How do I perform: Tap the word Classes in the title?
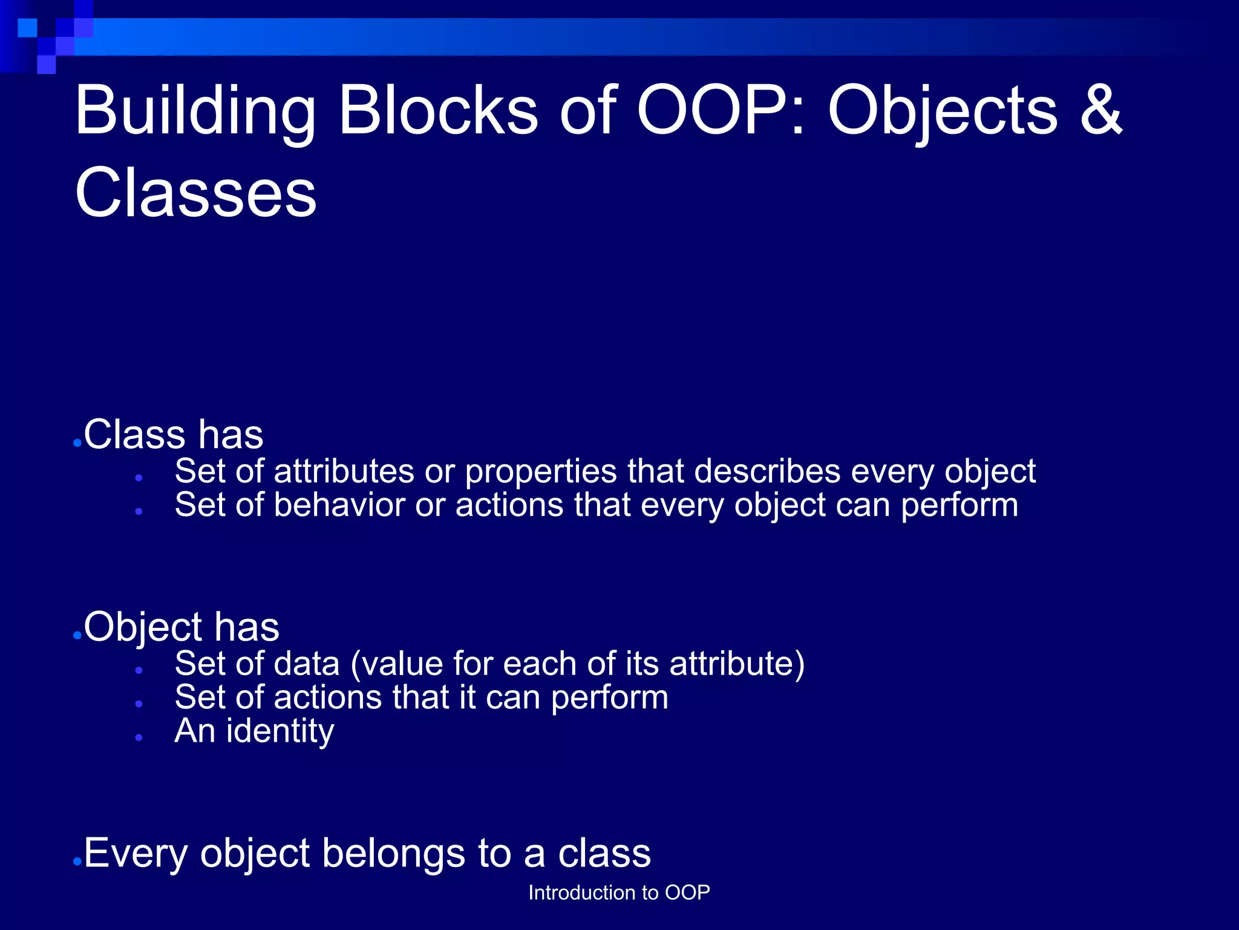pyautogui.click(x=195, y=193)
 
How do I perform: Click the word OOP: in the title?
pyautogui.click(x=721, y=110)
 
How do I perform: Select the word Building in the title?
pyautogui.click(x=195, y=111)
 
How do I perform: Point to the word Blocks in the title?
pyautogui.click(x=438, y=110)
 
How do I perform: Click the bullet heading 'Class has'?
pyautogui.click(x=174, y=435)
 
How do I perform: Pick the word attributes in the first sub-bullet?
pyautogui.click(x=344, y=471)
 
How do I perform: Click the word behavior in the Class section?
pyautogui.click(x=339, y=505)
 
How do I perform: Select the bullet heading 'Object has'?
pyautogui.click(x=181, y=627)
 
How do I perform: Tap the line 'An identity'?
pyautogui.click(x=254, y=731)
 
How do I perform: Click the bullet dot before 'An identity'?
pyautogui.click(x=139, y=737)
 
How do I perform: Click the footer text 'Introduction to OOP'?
pyautogui.click(x=619, y=892)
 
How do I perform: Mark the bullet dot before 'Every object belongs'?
pyautogui.click(x=77, y=862)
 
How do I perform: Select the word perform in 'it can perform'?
pyautogui.click(x=609, y=698)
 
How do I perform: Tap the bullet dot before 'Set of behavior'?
pyautogui.click(x=139, y=512)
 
